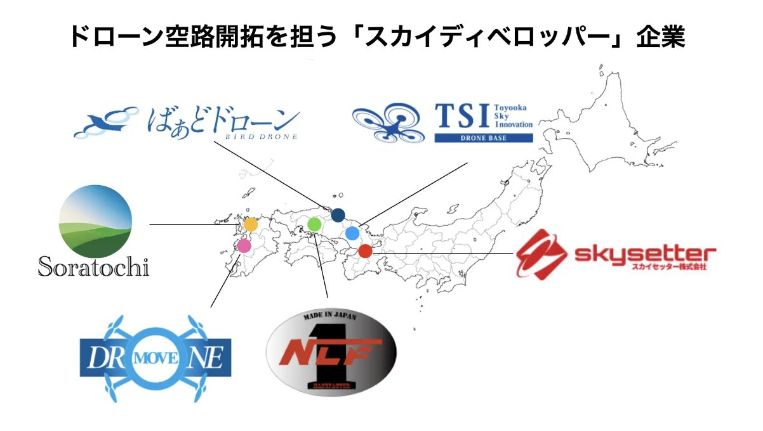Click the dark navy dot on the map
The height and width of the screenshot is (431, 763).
338,215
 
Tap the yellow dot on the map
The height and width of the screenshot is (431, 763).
251,224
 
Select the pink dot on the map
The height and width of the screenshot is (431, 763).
244,245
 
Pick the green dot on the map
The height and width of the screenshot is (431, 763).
314,224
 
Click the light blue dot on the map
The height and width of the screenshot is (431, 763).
353,233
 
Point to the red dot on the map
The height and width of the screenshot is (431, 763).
365,251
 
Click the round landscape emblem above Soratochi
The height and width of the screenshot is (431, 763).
95,221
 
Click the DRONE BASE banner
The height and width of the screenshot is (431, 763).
483,138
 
